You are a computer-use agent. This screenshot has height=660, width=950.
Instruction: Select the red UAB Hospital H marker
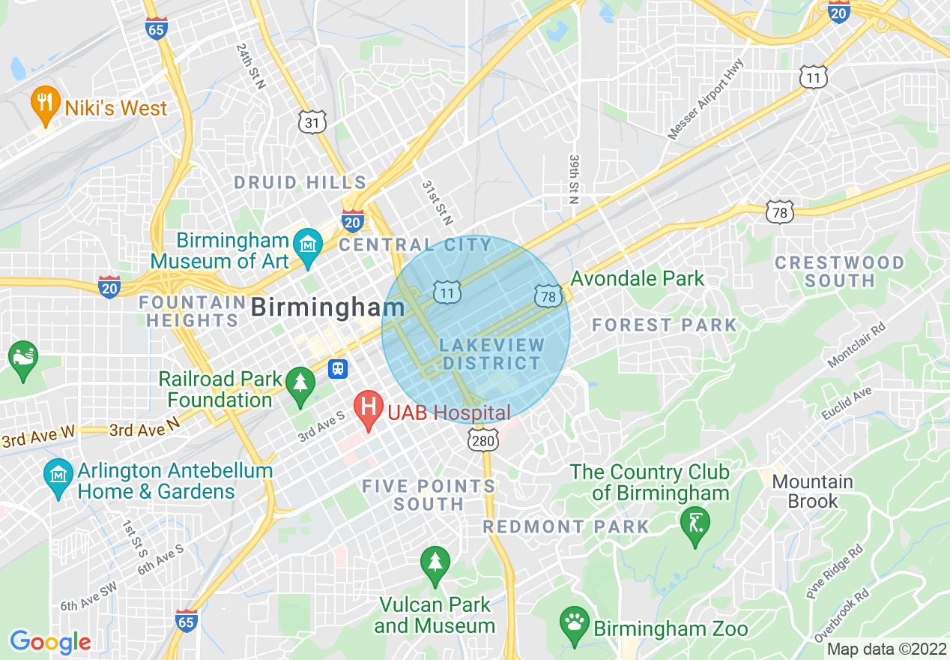369,409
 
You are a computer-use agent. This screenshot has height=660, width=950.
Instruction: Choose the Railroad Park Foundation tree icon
300,385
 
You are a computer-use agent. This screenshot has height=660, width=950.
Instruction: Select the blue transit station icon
339,368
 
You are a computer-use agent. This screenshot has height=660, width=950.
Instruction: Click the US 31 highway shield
312,122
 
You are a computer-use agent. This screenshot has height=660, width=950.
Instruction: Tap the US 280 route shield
483,440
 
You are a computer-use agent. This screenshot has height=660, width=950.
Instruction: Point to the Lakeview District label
491,354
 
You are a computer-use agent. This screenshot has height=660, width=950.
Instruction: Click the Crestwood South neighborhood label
839,271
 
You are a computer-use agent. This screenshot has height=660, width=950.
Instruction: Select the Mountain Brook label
812,491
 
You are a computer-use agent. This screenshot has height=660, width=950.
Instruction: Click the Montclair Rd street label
856,346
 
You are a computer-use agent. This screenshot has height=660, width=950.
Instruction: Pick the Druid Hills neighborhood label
300,182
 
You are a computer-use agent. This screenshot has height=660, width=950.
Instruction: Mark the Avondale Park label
637,279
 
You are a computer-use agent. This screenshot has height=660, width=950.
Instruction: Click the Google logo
50,642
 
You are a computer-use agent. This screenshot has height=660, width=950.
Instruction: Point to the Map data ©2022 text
886,649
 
